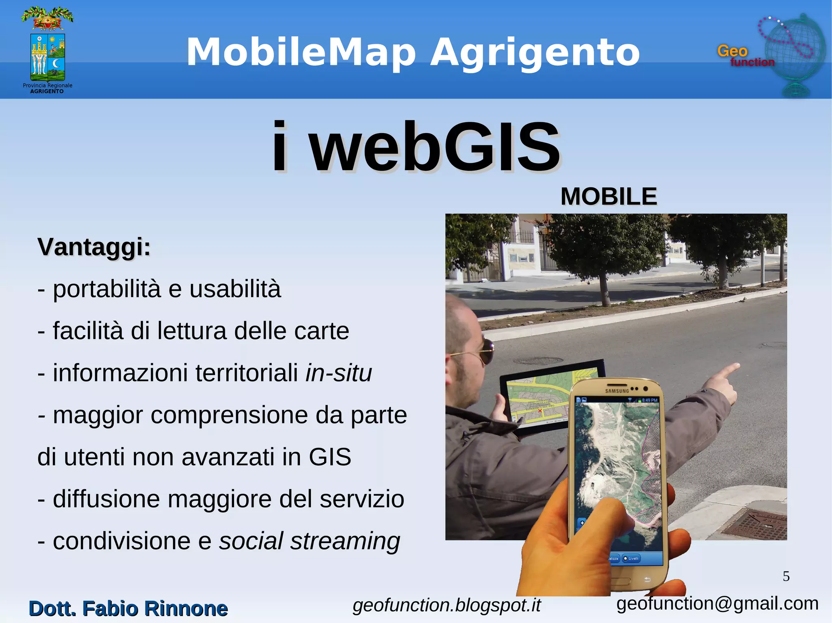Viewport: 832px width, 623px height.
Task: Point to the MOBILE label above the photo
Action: (x=609, y=197)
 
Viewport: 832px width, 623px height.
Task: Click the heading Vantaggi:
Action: (x=94, y=247)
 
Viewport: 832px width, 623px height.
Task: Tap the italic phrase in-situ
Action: (x=338, y=373)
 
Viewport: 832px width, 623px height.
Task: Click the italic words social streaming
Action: (x=310, y=541)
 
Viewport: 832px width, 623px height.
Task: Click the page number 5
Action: (x=786, y=576)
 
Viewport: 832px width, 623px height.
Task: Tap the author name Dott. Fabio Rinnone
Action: (x=128, y=608)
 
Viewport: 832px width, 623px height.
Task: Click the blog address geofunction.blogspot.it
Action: (x=446, y=605)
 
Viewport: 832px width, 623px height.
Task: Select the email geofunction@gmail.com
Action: (x=717, y=604)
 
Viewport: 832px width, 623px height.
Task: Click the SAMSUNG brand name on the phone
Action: (x=617, y=391)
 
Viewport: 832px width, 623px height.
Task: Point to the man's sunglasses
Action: (x=485, y=350)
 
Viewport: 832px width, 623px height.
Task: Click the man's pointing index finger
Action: (x=727, y=370)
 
